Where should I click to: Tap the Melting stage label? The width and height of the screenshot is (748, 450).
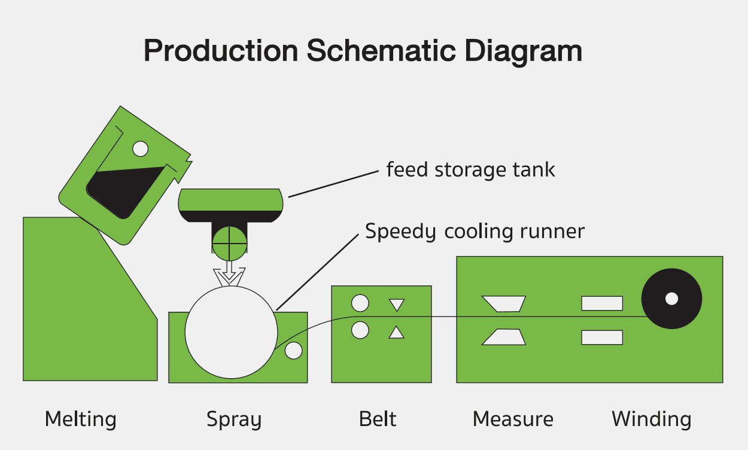(x=80, y=419)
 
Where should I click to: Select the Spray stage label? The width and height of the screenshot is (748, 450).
(x=234, y=419)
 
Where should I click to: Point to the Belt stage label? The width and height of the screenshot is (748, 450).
(x=378, y=418)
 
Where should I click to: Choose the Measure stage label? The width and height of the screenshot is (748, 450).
(x=513, y=418)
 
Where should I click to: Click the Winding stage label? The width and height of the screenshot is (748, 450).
(x=651, y=418)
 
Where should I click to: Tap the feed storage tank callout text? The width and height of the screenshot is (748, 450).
(x=470, y=170)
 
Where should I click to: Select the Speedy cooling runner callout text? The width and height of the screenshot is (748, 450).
(x=475, y=231)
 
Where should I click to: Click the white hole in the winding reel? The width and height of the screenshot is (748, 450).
(x=671, y=298)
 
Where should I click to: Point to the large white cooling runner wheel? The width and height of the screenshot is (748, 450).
(x=231, y=332)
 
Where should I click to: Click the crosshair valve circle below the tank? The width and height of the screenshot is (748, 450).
(x=229, y=242)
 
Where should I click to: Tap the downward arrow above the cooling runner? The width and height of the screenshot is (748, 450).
(x=230, y=276)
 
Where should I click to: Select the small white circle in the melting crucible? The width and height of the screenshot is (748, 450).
(x=140, y=148)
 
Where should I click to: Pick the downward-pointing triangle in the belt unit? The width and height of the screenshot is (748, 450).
(x=397, y=304)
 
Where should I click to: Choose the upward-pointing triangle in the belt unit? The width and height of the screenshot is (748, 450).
(x=397, y=333)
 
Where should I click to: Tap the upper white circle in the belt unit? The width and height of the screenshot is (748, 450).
(x=360, y=303)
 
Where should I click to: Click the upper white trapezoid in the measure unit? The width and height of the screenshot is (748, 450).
(x=504, y=303)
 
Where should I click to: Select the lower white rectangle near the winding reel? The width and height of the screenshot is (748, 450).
(x=602, y=337)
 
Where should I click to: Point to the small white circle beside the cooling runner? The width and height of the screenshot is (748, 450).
(x=293, y=350)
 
